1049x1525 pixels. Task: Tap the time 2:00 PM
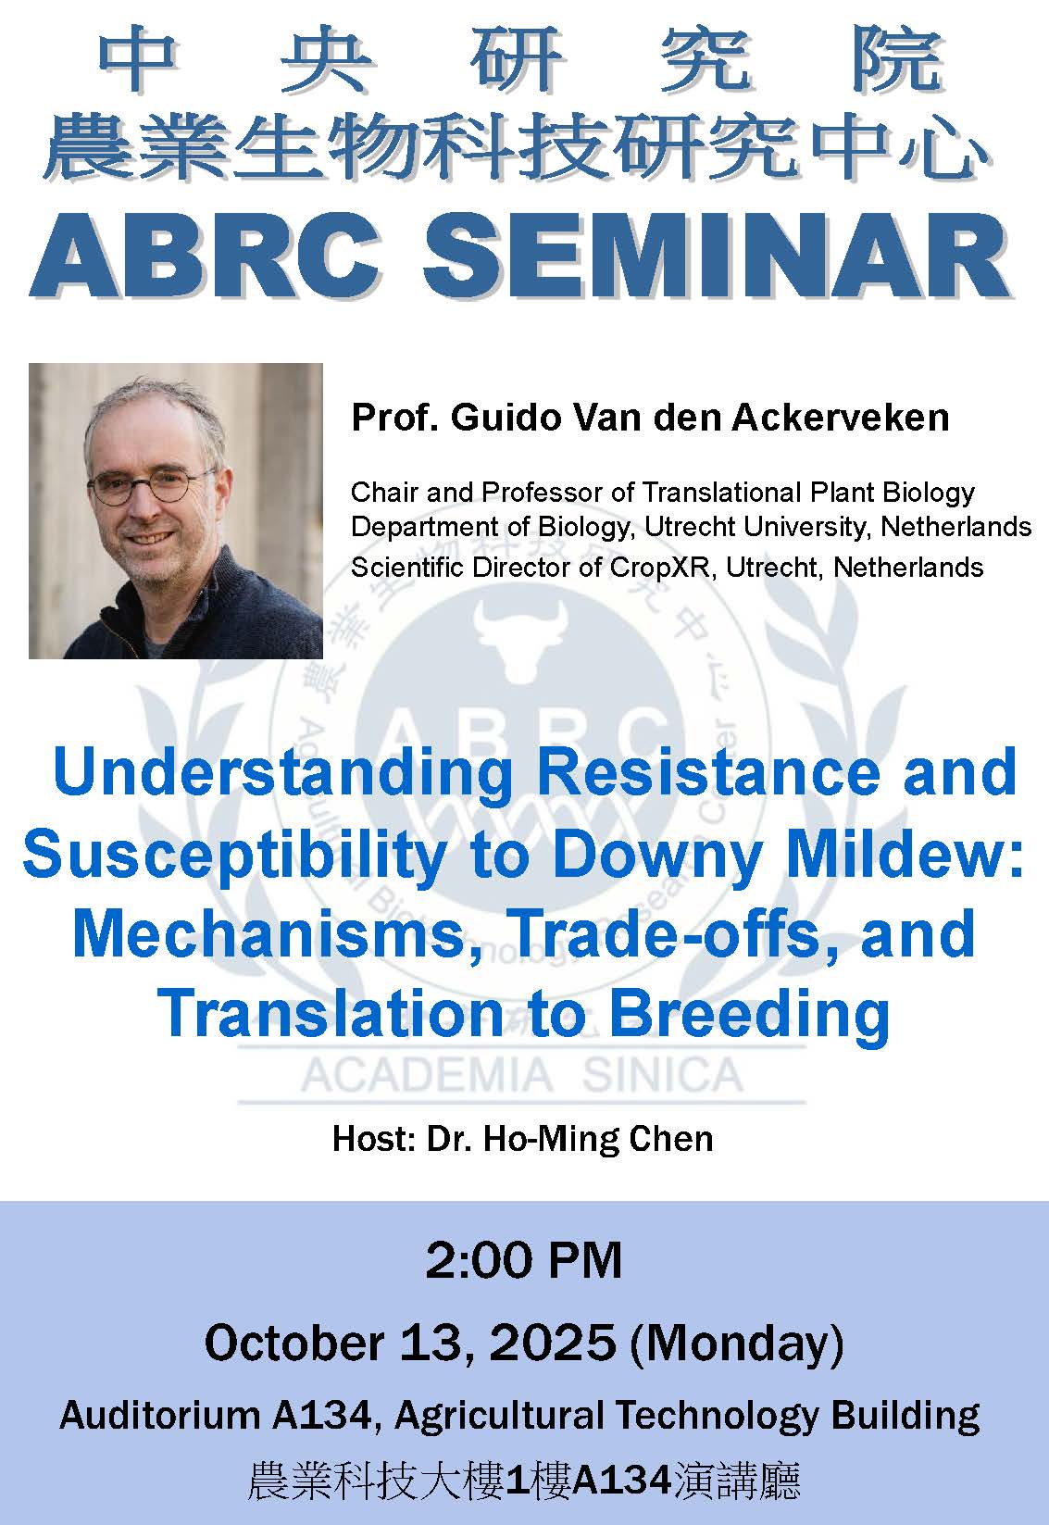(x=523, y=1260)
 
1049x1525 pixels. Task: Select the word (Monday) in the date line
(x=736, y=1344)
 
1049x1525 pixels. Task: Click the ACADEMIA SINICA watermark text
(x=522, y=1076)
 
